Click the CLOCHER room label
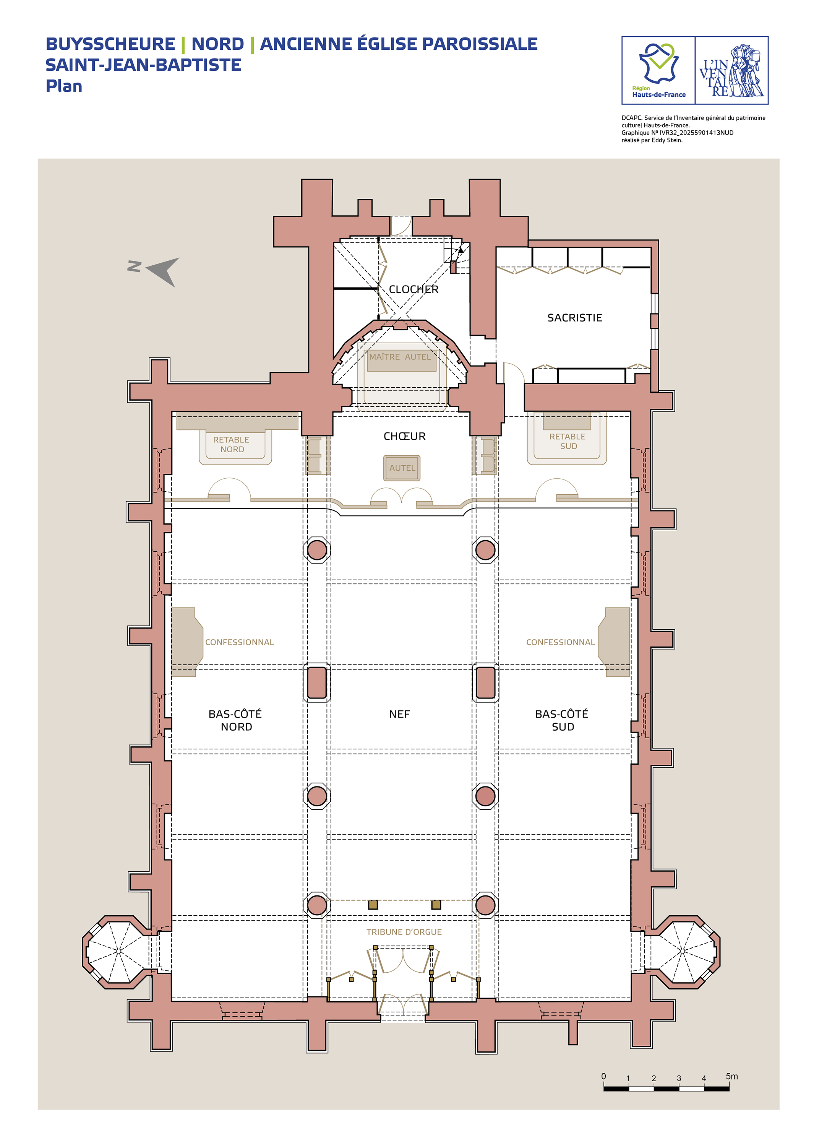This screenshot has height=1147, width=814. (413, 289)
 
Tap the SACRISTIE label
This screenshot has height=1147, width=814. (574, 318)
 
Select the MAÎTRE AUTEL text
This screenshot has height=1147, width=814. (400, 357)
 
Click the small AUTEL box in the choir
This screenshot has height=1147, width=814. (402, 468)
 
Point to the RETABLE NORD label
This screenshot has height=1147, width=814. (232, 445)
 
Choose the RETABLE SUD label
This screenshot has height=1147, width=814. (568, 441)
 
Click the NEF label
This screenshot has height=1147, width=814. (399, 714)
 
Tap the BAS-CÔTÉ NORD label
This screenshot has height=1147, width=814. (235, 720)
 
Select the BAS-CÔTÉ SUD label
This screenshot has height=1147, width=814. (562, 720)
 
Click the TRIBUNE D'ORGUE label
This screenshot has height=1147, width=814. (404, 932)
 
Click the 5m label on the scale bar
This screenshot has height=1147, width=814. (732, 1076)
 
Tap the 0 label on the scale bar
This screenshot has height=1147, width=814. (603, 1076)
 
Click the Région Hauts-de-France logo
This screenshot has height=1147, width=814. (658, 70)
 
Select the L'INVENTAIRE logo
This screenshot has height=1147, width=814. (732, 70)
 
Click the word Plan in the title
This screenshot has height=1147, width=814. (64, 86)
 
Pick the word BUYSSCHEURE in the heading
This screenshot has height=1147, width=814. (110, 44)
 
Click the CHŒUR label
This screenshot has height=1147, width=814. (404, 436)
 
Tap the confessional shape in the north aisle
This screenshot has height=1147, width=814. (186, 642)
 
